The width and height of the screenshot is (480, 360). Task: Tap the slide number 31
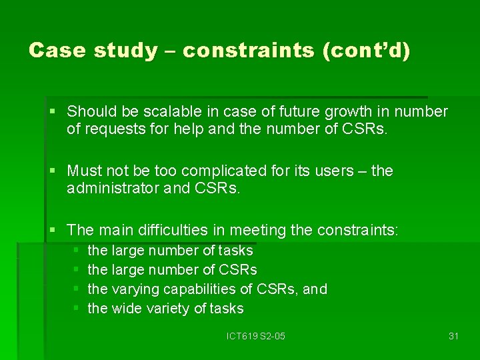click(453, 336)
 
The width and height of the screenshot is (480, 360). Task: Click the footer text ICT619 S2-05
click(256, 336)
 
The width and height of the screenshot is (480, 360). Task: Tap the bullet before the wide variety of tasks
click(77, 309)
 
